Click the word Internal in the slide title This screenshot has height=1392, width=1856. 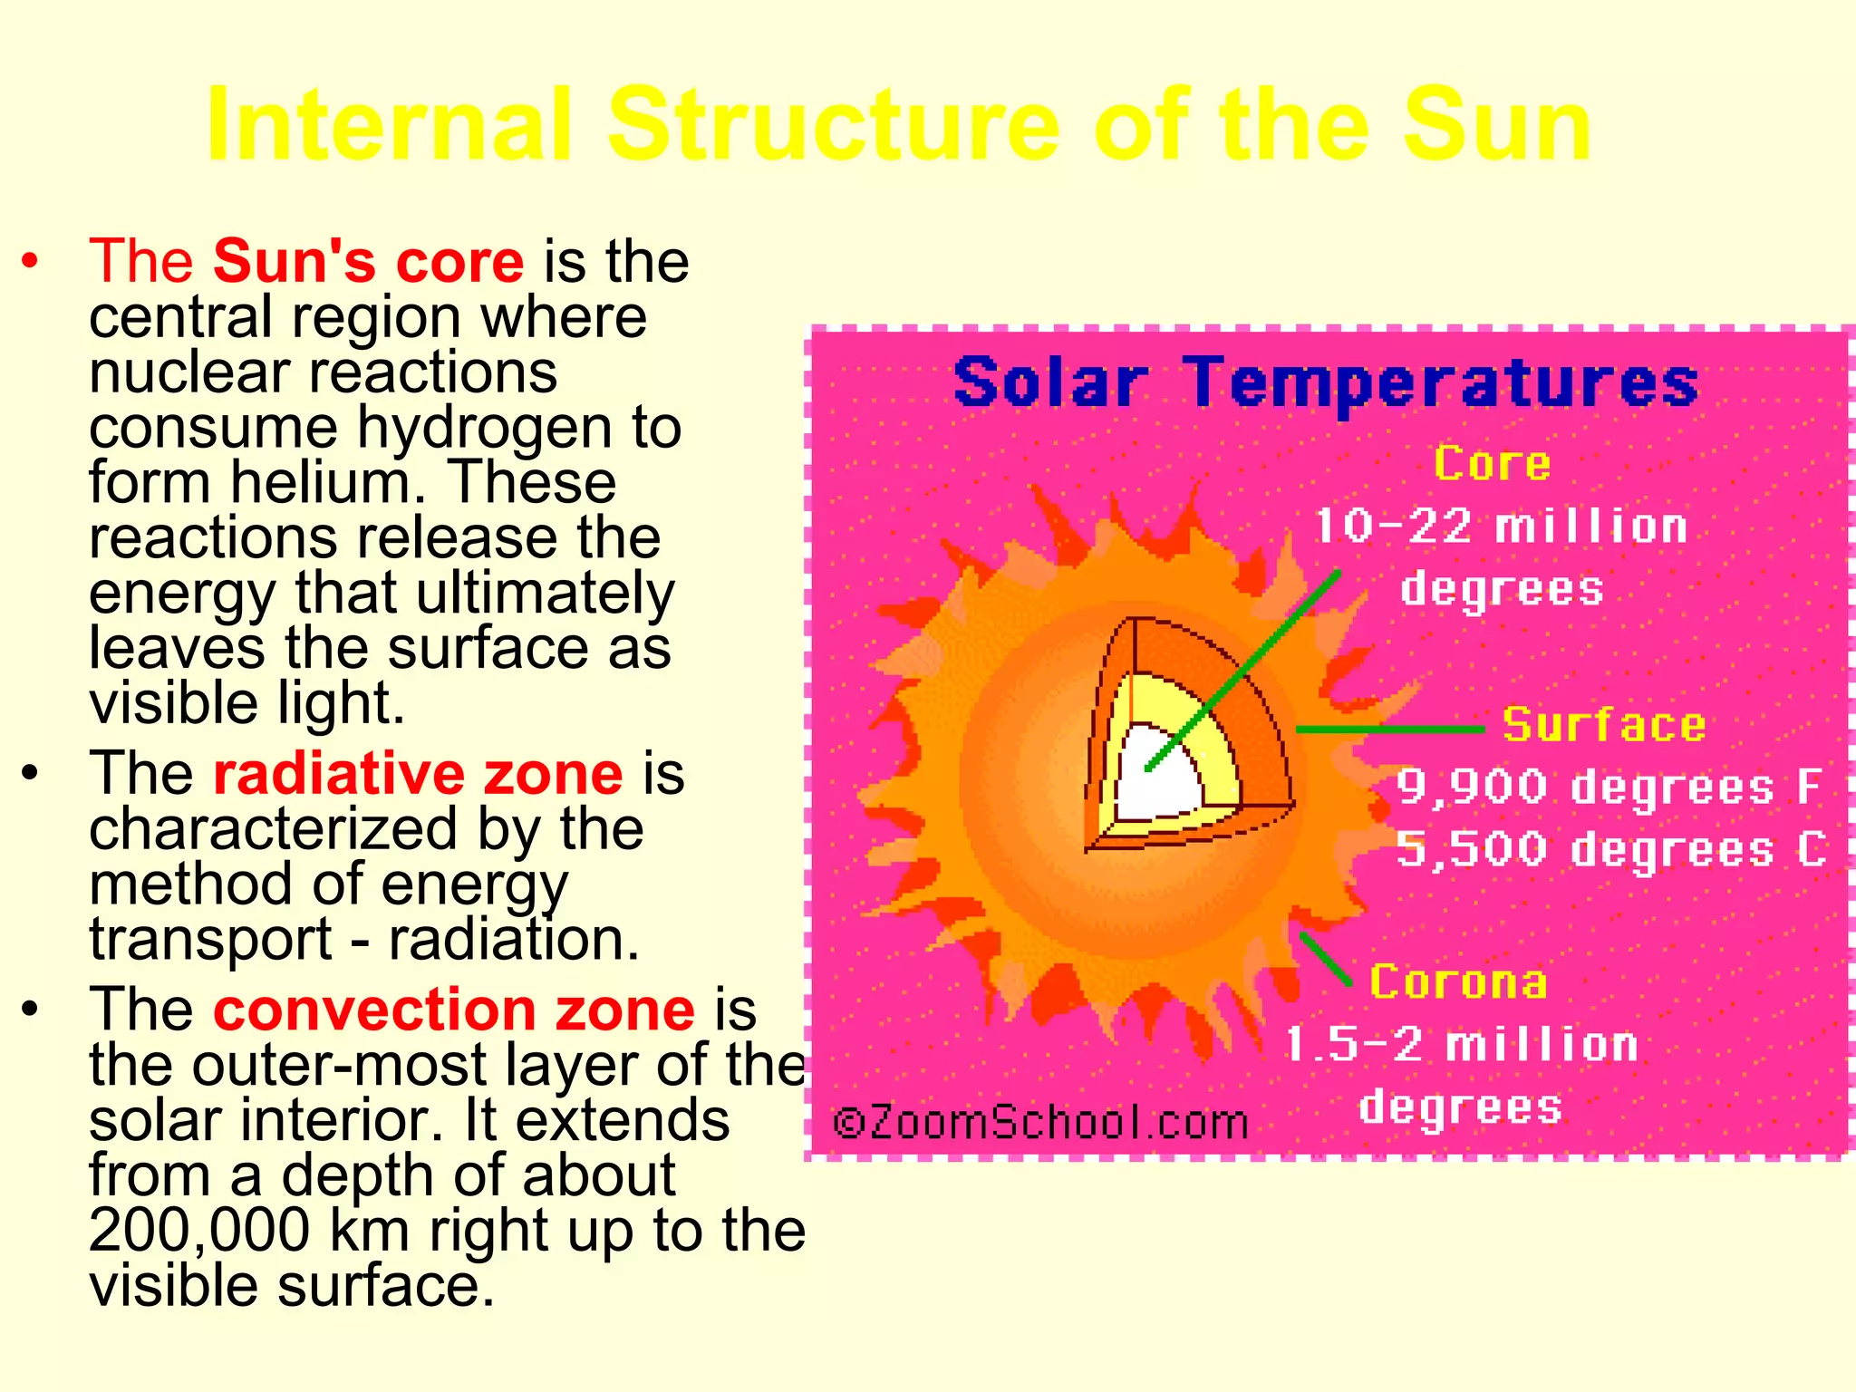390,124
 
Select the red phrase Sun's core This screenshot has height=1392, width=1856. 368,261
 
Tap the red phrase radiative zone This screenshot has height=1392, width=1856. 418,774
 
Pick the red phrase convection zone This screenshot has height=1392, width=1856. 453,1010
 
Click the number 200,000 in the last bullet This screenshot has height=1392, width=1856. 199,1231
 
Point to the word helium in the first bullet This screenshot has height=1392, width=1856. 326,482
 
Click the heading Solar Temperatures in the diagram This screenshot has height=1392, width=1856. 1325,382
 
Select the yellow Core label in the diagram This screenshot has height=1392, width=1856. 1492,464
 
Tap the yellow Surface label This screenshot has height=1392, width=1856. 1604,725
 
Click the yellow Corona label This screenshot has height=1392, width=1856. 1457,982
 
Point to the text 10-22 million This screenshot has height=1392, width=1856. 1500,527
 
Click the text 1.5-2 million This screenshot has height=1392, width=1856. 1461,1045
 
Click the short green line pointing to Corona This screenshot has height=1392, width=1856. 1325,959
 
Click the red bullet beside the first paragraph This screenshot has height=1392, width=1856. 31,262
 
